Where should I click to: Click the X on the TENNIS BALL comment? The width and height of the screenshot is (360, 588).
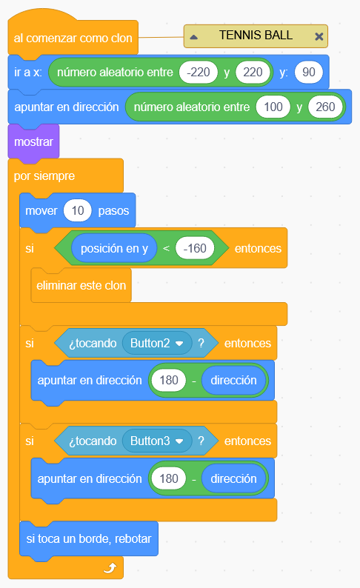[x=319, y=36]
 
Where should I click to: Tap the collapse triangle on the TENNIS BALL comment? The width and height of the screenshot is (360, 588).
[x=193, y=37]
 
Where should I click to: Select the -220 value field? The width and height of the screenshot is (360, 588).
[x=199, y=72]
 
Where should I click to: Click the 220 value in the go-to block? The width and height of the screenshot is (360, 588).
[x=253, y=72]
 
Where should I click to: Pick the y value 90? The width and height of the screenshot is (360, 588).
[x=309, y=72]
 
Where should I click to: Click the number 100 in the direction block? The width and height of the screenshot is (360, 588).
[x=273, y=107]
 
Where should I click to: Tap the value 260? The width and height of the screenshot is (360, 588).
[x=325, y=107]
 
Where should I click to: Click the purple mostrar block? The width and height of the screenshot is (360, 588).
[x=33, y=141]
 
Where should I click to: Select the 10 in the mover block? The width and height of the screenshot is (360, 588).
[x=78, y=210]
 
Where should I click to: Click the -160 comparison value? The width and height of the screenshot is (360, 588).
[x=195, y=248]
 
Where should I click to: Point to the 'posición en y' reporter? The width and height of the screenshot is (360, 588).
[x=114, y=248]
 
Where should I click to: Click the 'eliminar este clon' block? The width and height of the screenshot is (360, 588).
[x=81, y=285]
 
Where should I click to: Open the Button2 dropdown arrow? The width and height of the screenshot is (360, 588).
[x=179, y=343]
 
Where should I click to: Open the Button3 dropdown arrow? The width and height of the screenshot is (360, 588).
[x=179, y=441]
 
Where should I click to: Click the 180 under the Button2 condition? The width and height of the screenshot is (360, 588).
[x=169, y=380]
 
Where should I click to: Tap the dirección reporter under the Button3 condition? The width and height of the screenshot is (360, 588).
[x=233, y=478]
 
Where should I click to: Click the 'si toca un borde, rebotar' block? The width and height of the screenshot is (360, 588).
[x=88, y=539]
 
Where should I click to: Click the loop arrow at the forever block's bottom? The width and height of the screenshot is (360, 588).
[x=110, y=568]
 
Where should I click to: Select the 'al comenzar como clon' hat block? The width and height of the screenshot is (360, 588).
[x=73, y=38]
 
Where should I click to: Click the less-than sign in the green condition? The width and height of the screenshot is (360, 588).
[x=166, y=248]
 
